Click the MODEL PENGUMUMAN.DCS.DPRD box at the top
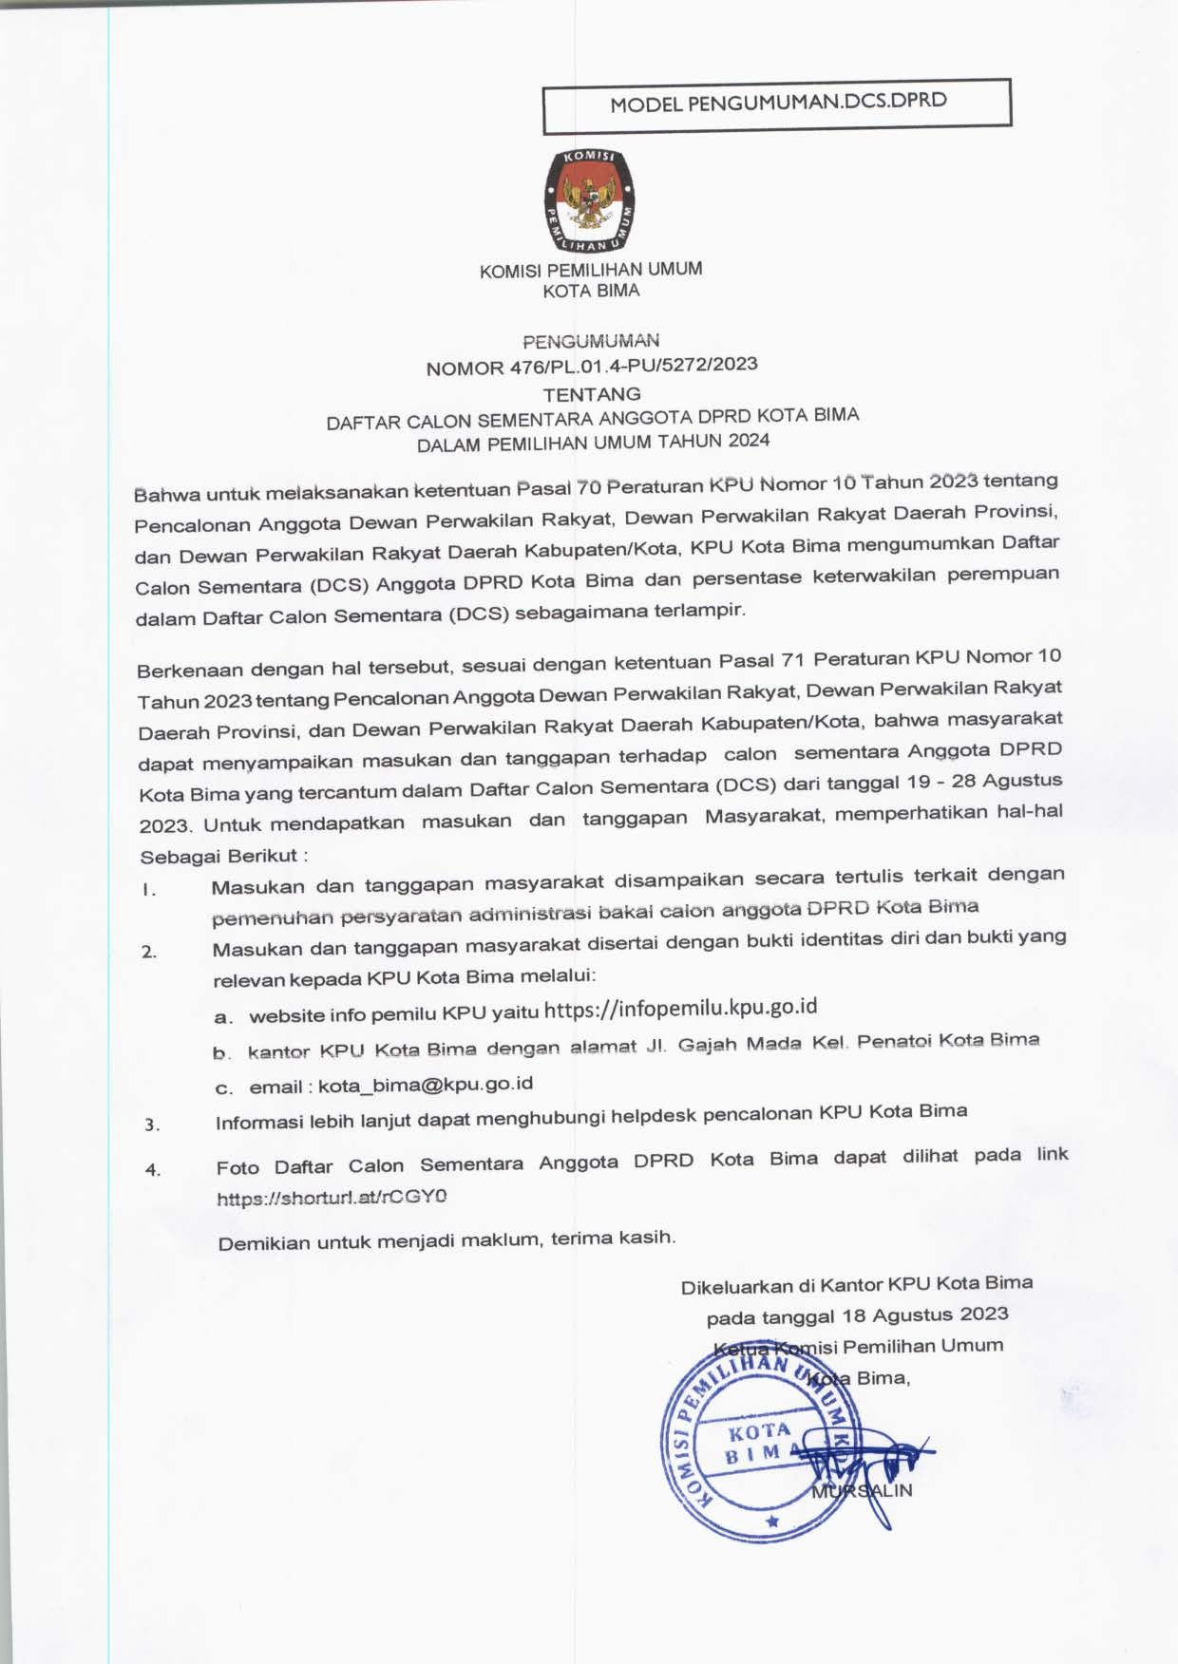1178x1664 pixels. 777,104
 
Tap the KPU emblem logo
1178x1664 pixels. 590,201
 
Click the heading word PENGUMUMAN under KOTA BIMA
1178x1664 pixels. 591,340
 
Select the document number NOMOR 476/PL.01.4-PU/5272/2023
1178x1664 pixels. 592,366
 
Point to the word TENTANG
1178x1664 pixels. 592,393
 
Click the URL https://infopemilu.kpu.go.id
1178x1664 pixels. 681,1008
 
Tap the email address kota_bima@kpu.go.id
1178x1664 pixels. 426,1084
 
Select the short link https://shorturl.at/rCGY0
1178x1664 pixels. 332,1198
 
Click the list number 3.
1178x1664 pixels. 152,1125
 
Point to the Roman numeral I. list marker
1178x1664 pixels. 148,891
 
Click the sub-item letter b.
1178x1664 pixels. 222,1053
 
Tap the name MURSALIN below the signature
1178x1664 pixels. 862,1490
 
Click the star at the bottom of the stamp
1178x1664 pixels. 772,1522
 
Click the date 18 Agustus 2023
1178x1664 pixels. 925,1315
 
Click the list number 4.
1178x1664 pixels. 153,1170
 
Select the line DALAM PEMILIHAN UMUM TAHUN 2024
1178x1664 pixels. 593,442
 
